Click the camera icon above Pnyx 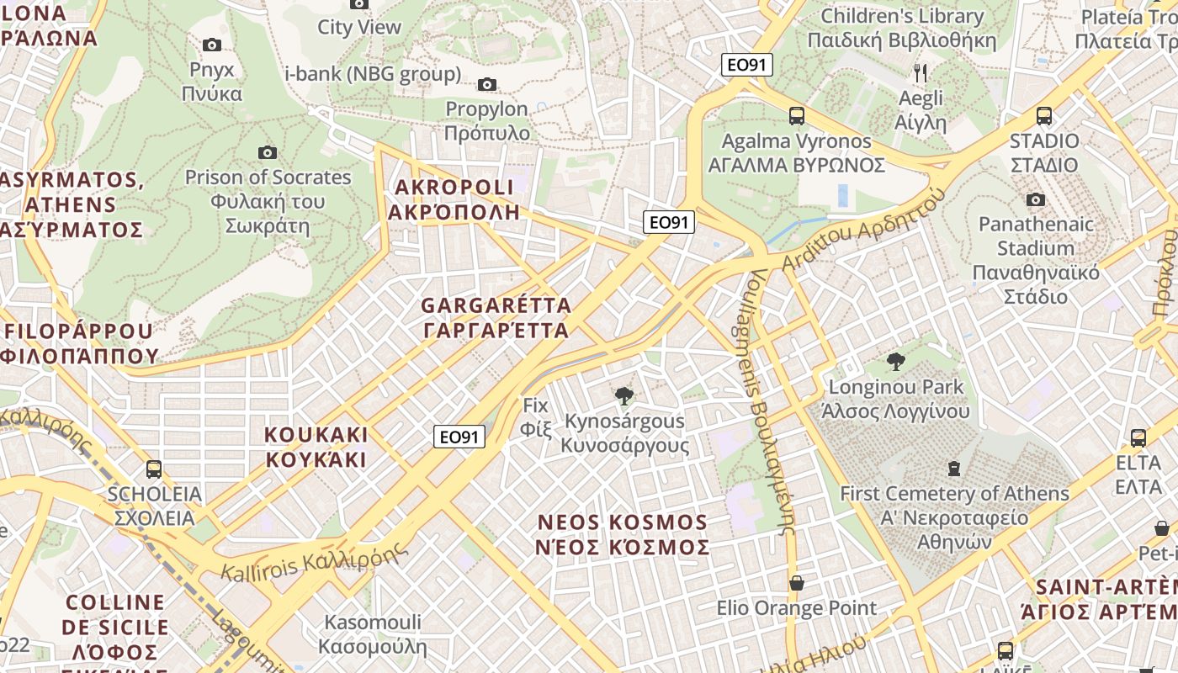click(212, 45)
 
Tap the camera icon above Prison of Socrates click(268, 152)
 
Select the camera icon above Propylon click(486, 84)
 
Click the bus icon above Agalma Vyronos click(796, 116)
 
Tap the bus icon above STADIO click(1044, 116)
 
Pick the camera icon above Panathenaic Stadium click(1036, 199)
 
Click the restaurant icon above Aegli click(921, 73)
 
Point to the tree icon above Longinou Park click(896, 363)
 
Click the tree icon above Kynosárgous click(624, 396)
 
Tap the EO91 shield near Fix click(460, 437)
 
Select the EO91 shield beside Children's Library click(746, 65)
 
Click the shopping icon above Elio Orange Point click(796, 583)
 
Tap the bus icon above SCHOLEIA click(154, 469)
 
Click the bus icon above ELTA click(1138, 438)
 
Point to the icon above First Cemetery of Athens click(954, 469)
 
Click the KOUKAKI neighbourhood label click(316, 448)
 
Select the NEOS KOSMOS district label click(623, 535)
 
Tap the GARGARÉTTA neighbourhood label click(496, 317)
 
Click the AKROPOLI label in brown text click(454, 199)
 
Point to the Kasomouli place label click(373, 635)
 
